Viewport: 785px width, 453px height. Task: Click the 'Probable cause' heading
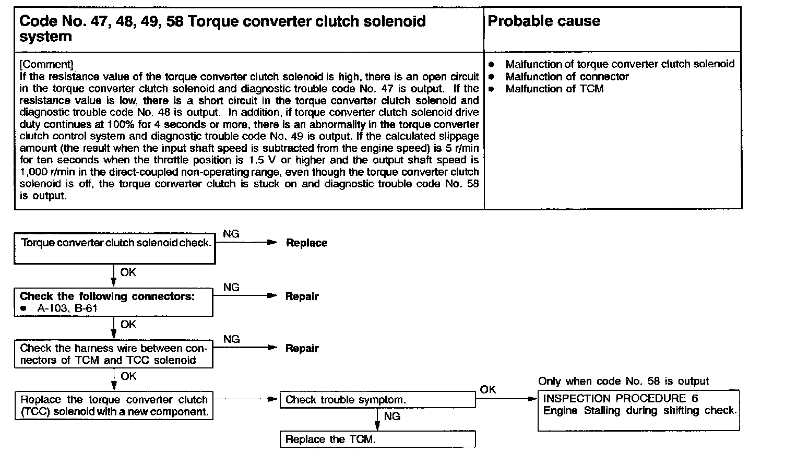[x=543, y=21]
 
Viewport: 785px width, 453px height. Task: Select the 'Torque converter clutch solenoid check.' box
[x=115, y=248]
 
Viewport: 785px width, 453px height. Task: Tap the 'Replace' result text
[x=306, y=243]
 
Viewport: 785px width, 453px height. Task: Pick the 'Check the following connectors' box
[x=114, y=303]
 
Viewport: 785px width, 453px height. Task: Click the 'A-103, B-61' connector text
[x=67, y=308]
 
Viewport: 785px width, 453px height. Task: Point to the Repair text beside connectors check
[x=302, y=296]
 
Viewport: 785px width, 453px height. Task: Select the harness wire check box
[x=114, y=354]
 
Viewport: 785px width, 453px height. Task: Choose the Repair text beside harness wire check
[x=302, y=349]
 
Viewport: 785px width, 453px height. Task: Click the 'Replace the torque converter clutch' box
[x=114, y=406]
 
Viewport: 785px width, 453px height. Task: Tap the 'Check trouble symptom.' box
[x=377, y=400]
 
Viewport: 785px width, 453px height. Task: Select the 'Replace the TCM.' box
[x=377, y=439]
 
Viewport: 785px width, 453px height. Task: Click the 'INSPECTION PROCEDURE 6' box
[x=638, y=410]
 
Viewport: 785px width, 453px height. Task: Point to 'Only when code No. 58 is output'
[x=623, y=382]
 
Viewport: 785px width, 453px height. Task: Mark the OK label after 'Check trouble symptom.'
[x=488, y=390]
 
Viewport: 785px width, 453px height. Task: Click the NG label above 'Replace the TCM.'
[x=392, y=416]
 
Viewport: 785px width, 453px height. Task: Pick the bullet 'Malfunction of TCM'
[x=554, y=89]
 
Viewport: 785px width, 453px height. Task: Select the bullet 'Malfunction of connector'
[x=567, y=77]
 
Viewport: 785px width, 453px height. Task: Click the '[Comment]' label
[x=46, y=64]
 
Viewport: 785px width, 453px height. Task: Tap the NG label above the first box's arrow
[x=231, y=234]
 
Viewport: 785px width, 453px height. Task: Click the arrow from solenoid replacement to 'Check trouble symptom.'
[x=245, y=399]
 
